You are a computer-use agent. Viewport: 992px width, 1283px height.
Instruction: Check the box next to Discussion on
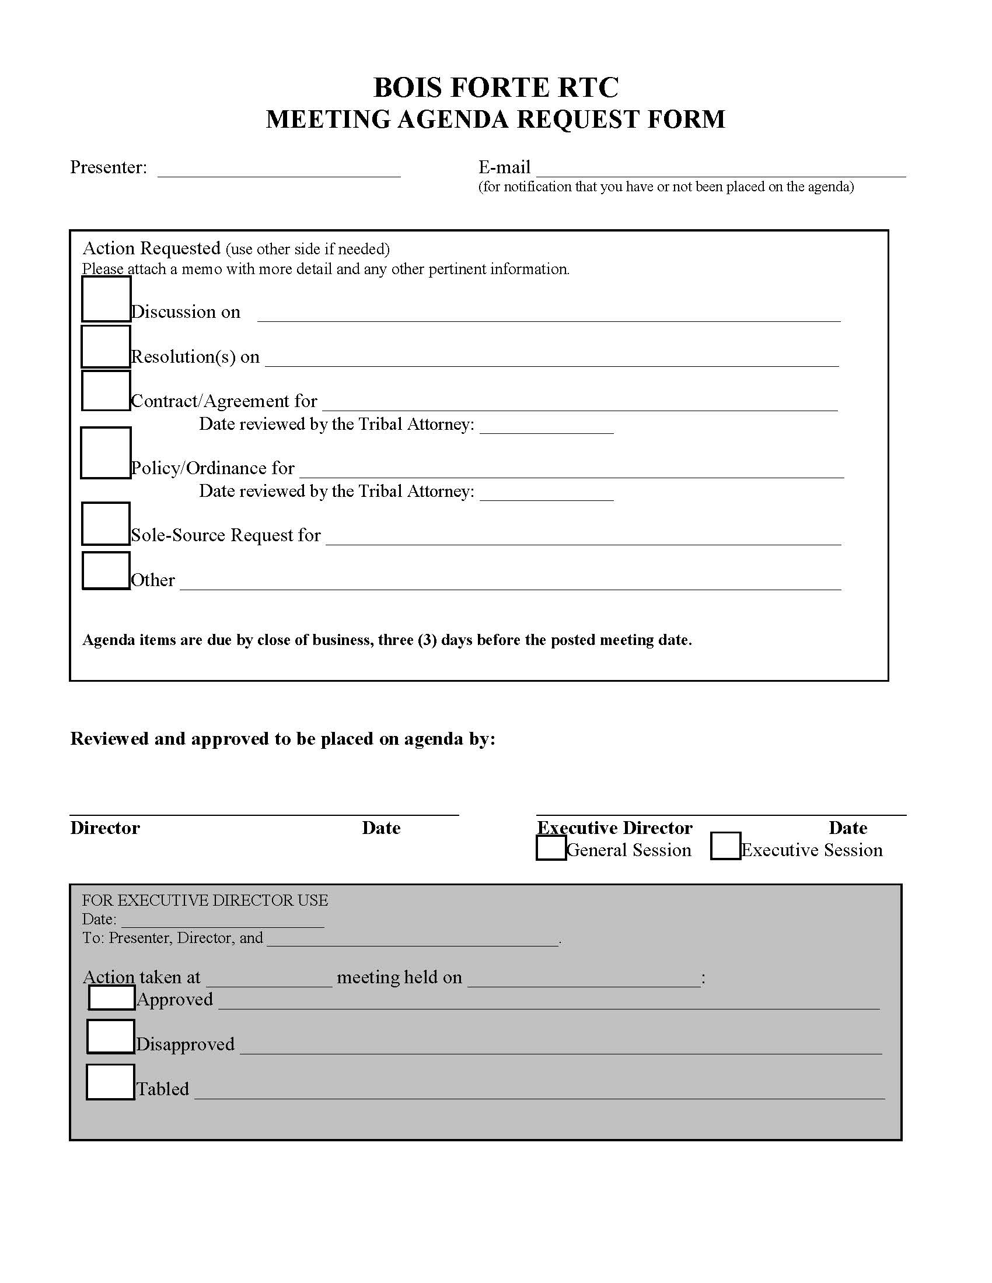coord(106,299)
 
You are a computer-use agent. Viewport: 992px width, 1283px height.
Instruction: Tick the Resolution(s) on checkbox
coord(106,346)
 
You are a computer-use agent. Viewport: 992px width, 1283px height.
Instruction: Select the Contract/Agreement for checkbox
coord(106,391)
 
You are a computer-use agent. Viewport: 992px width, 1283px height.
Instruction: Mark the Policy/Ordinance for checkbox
coord(106,453)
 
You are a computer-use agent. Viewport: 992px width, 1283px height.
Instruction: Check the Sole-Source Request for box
coord(106,524)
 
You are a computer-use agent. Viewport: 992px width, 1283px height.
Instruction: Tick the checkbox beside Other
coord(106,570)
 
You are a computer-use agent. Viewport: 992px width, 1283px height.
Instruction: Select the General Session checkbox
coord(551,849)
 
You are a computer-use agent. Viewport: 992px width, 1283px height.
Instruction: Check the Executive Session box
coord(725,846)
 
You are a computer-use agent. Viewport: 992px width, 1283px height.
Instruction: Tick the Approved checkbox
coord(111,997)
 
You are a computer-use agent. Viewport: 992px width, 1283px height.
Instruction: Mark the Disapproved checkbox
coord(110,1037)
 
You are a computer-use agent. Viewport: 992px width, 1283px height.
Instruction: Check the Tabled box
coord(110,1082)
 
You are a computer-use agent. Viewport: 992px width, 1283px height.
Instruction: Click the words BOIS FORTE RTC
coord(496,87)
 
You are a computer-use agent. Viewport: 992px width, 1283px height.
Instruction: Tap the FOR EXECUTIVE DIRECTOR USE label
coord(204,900)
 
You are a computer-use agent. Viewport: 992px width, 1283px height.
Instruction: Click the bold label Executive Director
coord(614,828)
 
